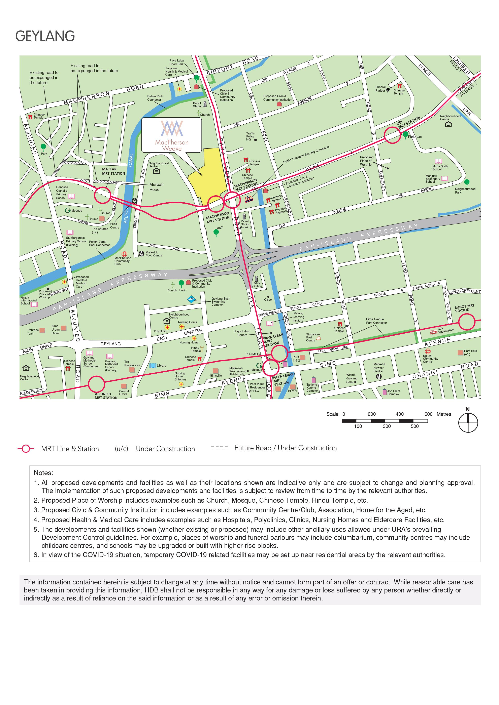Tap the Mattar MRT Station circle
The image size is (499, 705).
102,195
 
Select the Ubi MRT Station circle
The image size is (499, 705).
392,135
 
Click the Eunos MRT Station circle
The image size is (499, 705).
467,322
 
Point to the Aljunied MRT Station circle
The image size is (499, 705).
97,384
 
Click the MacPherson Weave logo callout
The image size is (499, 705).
172,135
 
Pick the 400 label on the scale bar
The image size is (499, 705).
399,414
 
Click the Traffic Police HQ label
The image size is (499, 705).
250,136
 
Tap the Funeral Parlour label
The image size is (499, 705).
380,89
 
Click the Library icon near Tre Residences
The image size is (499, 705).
153,365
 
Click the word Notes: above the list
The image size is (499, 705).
43,472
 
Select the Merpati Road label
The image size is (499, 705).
156,187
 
